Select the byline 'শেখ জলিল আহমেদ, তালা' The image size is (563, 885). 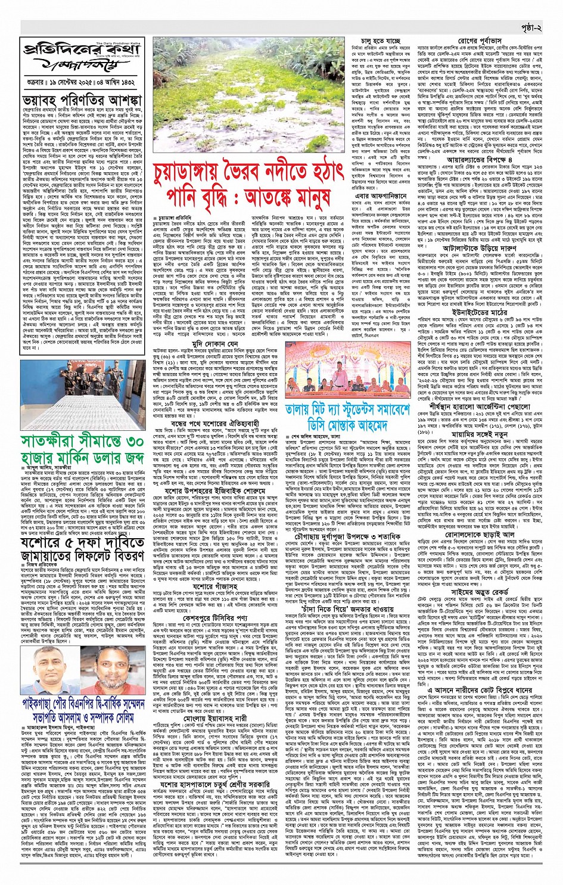click(325, 436)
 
